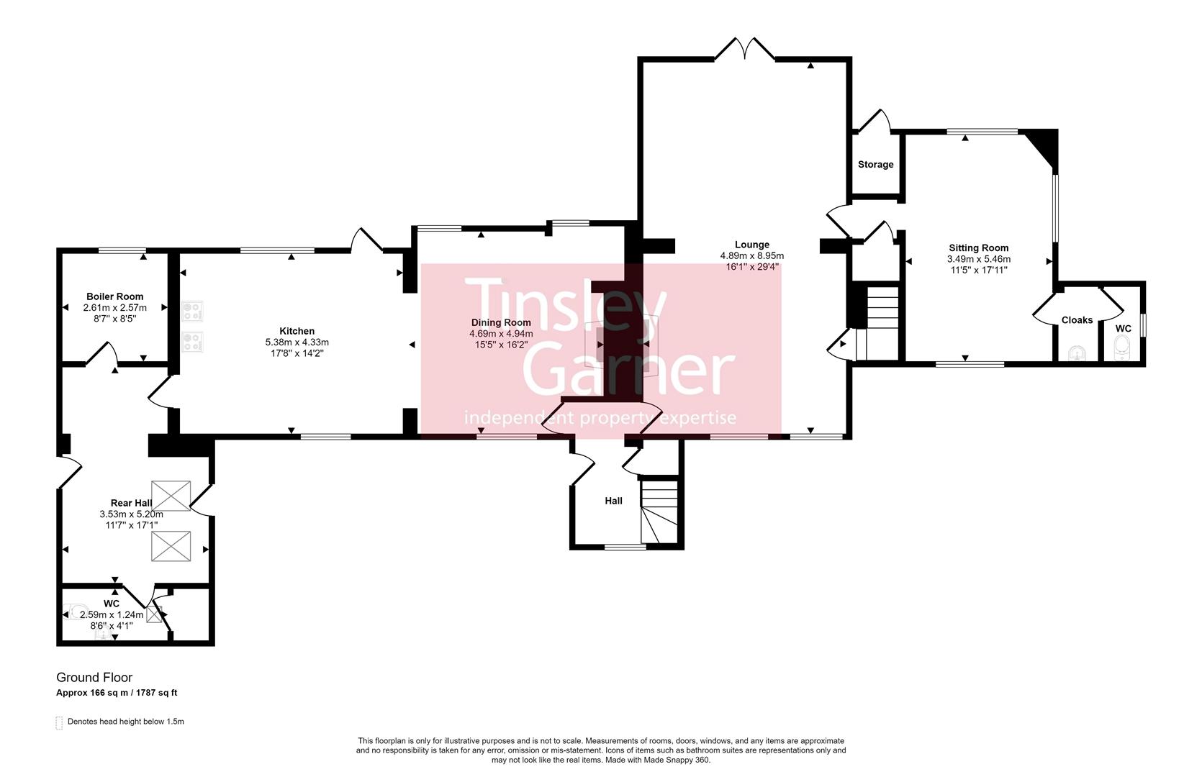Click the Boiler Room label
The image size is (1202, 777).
114,296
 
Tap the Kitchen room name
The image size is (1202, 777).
297,331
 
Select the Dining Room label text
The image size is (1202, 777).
501,322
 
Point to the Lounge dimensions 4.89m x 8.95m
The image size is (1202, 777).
751,255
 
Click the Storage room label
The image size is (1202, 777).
875,165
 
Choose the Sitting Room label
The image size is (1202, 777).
978,248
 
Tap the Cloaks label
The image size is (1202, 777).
1077,320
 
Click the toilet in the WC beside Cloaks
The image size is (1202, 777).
1122,350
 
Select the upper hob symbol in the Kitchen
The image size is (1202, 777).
192,311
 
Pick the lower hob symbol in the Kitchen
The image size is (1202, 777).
192,341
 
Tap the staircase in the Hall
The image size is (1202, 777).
660,511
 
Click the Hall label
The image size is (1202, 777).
613,501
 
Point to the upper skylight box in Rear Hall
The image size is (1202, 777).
171,496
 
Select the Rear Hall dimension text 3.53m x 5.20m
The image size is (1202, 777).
131,514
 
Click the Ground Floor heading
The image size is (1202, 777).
94,677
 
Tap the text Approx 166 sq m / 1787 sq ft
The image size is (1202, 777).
117,693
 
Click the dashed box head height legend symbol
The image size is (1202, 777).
59,722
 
